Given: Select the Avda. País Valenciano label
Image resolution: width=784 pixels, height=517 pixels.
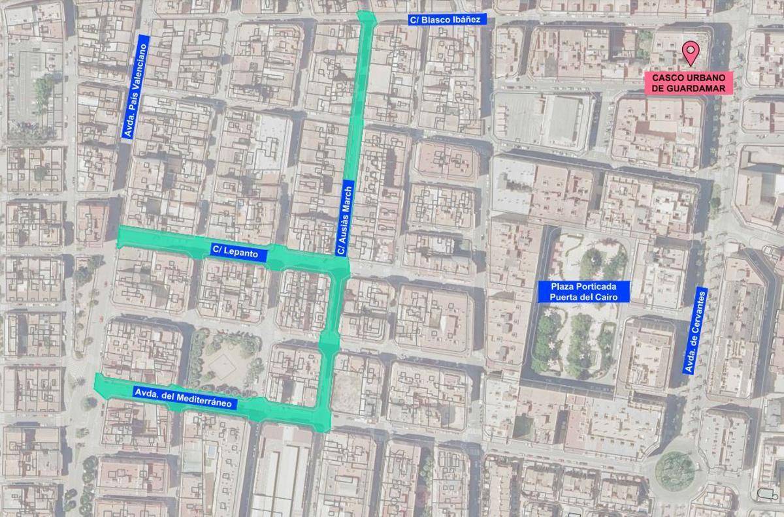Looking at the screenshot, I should [135, 86].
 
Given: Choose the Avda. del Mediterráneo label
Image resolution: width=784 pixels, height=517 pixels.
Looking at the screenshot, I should [184, 398].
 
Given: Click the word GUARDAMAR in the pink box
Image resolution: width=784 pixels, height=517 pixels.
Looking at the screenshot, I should [704, 88].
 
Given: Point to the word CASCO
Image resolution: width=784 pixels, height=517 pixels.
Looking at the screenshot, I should [668, 78].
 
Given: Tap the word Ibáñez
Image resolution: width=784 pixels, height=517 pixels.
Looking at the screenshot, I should [465, 20].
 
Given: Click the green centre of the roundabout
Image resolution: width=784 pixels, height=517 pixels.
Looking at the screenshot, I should [674, 471].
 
